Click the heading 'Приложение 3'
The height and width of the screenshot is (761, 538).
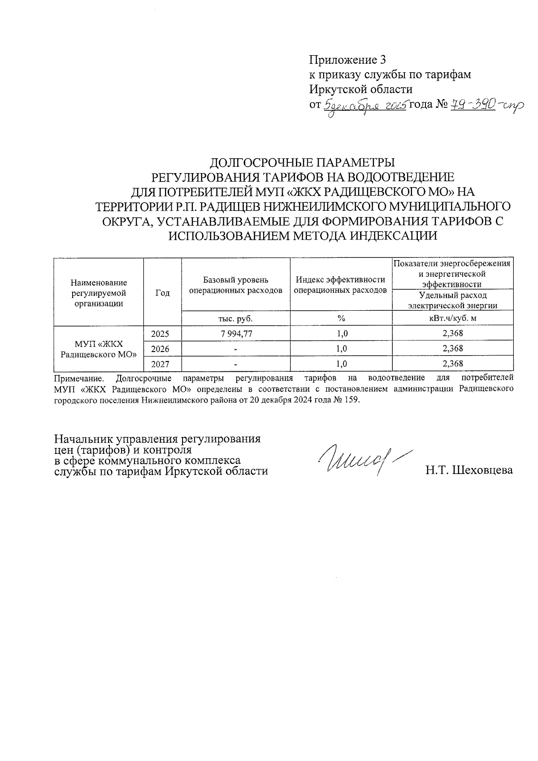tap(347, 60)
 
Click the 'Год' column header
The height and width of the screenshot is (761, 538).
tap(162, 293)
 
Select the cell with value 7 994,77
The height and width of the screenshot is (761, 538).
tap(236, 334)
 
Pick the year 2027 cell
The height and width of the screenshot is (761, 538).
tap(161, 364)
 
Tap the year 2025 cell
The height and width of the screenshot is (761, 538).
tap(161, 334)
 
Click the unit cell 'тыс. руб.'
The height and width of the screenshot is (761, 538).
tap(236, 318)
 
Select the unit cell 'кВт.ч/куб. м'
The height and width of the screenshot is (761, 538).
tap(452, 318)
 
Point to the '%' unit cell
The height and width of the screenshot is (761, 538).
tap(341, 318)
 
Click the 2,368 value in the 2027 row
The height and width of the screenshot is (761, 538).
tap(452, 363)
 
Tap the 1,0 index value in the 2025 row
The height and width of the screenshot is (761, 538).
tap(341, 334)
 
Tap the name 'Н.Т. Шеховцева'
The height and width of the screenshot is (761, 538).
tap(469, 470)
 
